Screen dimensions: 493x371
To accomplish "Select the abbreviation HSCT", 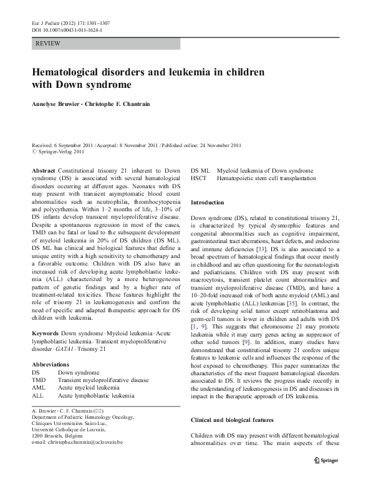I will click(x=200, y=178).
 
